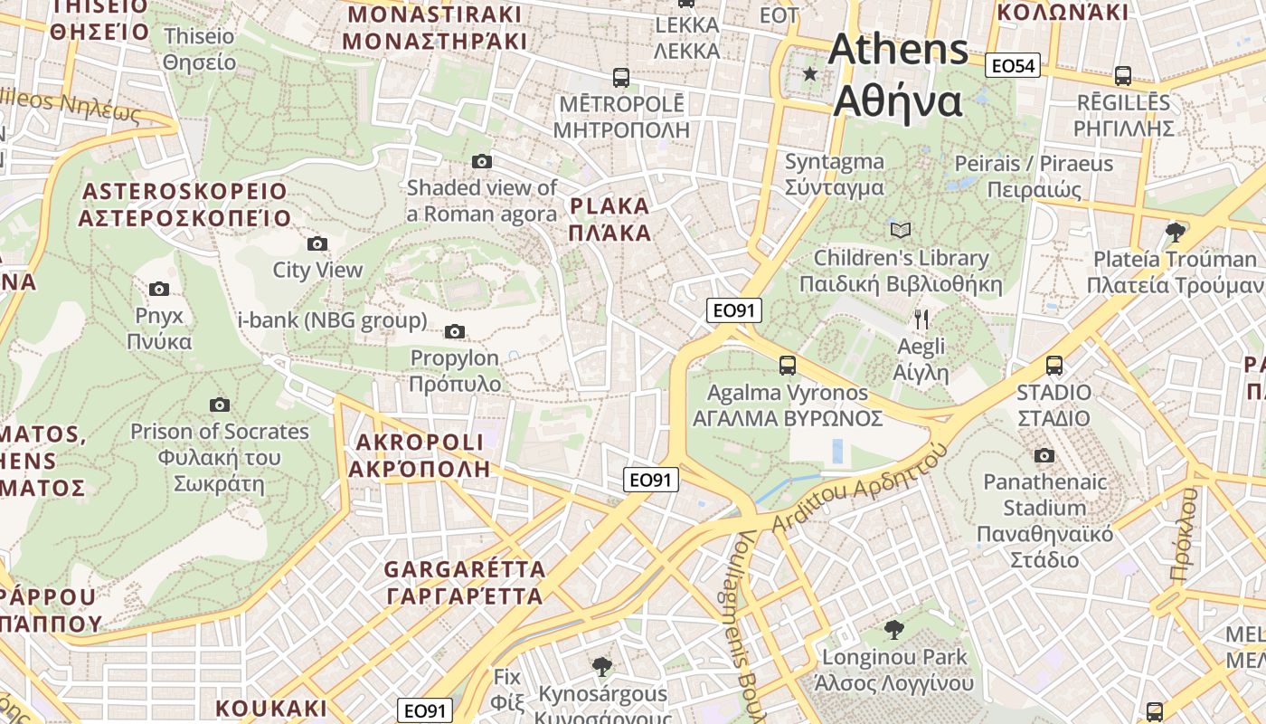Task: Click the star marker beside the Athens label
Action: pos(809,73)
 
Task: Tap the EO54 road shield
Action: pos(1014,65)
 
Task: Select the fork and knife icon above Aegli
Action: pos(921,319)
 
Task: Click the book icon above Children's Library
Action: pos(901,230)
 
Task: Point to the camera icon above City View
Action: pos(317,243)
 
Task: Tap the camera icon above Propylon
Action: pos(455,331)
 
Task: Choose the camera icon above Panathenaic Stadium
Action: pos(1044,455)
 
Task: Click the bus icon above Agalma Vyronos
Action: pos(788,366)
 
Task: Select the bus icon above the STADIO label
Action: pos(1054,366)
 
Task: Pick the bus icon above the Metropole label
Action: pos(620,77)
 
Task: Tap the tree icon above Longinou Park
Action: pos(893,629)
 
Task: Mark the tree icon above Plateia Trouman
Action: pos(1176,232)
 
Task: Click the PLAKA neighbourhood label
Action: pos(610,219)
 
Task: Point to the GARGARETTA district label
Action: pos(465,583)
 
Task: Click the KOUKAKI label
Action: pos(271,708)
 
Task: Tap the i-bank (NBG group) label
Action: pos(332,320)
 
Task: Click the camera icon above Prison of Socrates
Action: pos(219,405)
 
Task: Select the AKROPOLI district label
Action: pos(420,455)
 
